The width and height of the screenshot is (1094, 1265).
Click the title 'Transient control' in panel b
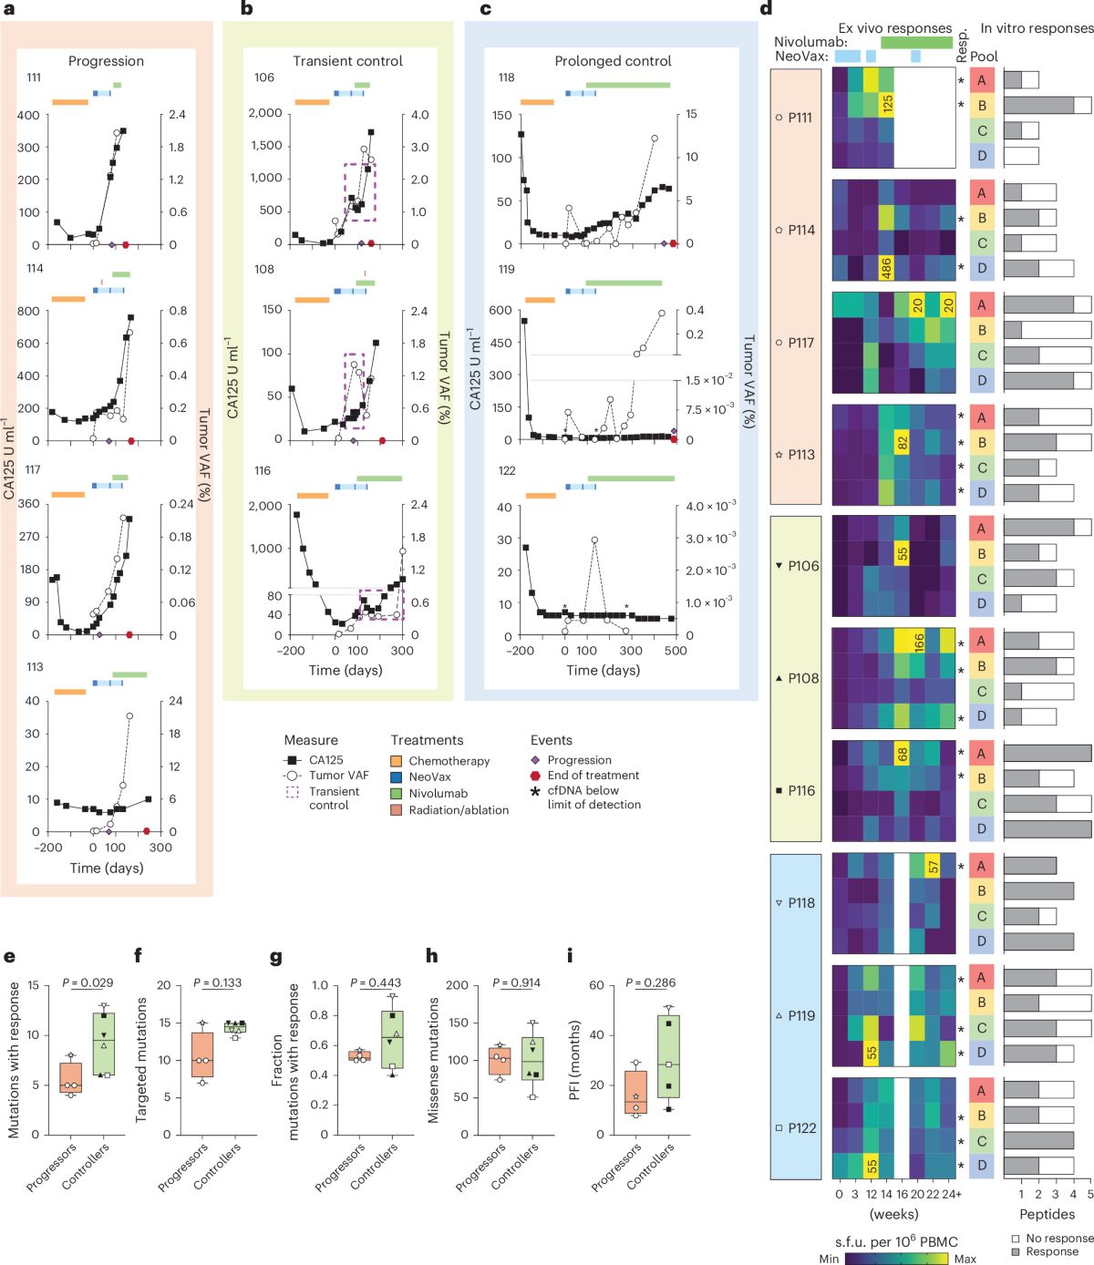347,61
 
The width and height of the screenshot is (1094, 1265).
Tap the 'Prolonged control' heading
613,61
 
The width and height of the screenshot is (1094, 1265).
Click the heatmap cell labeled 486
886,268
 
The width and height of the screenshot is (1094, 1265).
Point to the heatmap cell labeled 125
886,105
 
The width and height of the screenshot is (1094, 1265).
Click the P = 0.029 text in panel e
88,982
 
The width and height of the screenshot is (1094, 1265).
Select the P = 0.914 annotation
516,982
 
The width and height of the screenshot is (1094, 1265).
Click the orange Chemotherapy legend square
396,761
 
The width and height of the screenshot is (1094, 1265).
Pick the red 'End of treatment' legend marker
534,776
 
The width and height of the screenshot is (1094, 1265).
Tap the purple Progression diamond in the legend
534,760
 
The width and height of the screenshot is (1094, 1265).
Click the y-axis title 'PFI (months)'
574,1069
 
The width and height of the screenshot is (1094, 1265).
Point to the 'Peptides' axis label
1047,1214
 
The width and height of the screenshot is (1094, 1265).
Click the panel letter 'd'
766,8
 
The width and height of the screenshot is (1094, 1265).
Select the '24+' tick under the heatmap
952,1194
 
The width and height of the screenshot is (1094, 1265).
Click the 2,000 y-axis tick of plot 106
265,113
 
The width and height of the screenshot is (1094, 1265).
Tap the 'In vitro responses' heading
1037,28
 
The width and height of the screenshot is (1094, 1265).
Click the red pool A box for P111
981,80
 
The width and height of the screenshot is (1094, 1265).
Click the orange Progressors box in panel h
500,1061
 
